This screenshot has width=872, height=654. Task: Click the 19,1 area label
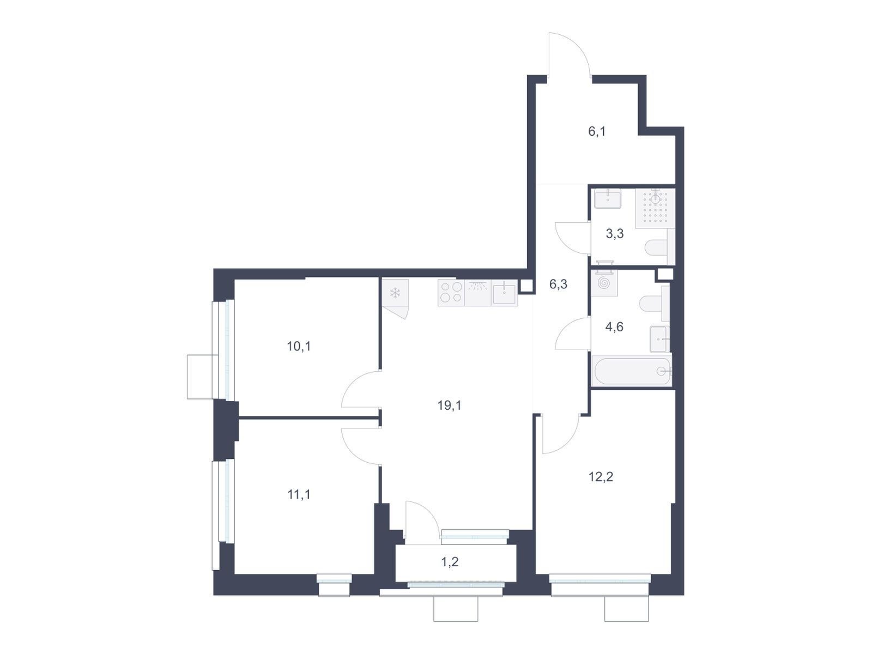click(449, 405)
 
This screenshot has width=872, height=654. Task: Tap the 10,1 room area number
click(298, 346)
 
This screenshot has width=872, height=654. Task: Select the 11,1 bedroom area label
click(298, 494)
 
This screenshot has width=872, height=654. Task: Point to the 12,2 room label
click(600, 476)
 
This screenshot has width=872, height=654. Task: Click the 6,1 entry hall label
click(597, 131)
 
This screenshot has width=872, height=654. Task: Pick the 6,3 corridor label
click(558, 284)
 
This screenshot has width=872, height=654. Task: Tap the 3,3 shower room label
click(614, 234)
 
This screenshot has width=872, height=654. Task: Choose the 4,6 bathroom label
click(614, 327)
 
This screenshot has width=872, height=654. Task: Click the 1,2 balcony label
click(450, 561)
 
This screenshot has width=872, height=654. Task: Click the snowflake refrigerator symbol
click(395, 293)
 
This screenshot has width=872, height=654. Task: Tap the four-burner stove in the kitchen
click(451, 293)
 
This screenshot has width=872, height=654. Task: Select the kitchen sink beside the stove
click(504, 293)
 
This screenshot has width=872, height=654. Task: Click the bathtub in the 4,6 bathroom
click(631, 371)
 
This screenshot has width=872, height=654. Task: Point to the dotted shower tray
click(655, 209)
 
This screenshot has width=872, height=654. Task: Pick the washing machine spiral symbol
click(604, 283)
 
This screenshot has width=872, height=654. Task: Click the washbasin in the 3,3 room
click(608, 199)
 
